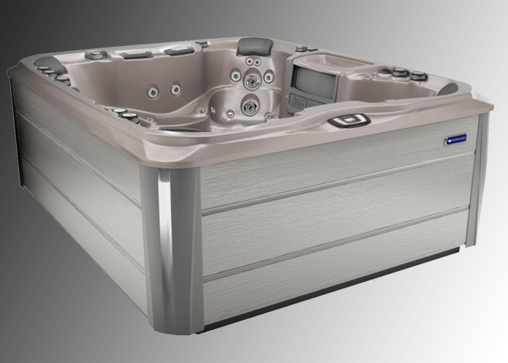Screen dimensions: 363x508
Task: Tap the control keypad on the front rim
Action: click(x=349, y=121)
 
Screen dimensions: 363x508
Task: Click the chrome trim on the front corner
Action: click(x=169, y=248)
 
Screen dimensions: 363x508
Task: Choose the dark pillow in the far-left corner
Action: click(x=45, y=63)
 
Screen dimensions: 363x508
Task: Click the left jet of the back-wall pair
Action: click(x=154, y=91)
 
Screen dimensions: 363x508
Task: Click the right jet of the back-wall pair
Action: click(x=176, y=89)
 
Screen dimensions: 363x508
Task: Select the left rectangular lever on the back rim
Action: click(x=136, y=55)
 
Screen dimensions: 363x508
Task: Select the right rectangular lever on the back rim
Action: click(x=178, y=50)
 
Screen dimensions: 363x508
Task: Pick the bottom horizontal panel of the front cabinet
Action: click(x=336, y=281)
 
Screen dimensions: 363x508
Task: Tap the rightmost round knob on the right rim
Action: click(x=418, y=75)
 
